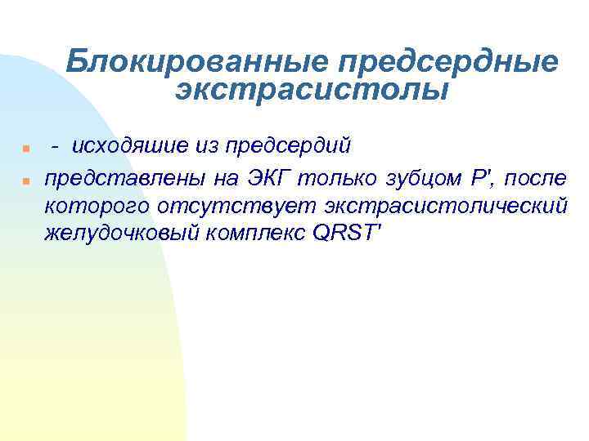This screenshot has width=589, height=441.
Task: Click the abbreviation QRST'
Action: point(347,233)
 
